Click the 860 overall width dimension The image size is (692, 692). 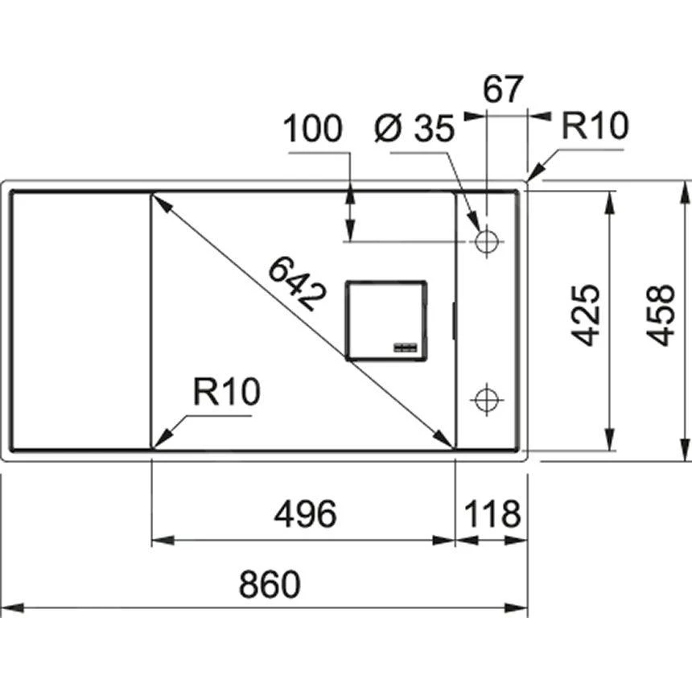click(270, 585)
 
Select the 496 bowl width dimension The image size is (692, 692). click(304, 515)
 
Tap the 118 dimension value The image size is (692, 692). click(492, 515)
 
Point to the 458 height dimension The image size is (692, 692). click(661, 315)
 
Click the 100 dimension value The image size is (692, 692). click(314, 129)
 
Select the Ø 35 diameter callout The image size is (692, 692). click(414, 129)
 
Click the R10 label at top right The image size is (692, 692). click(594, 126)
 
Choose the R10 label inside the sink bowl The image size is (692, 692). click(227, 393)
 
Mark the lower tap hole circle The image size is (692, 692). click(485, 399)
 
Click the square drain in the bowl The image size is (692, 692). click(385, 319)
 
